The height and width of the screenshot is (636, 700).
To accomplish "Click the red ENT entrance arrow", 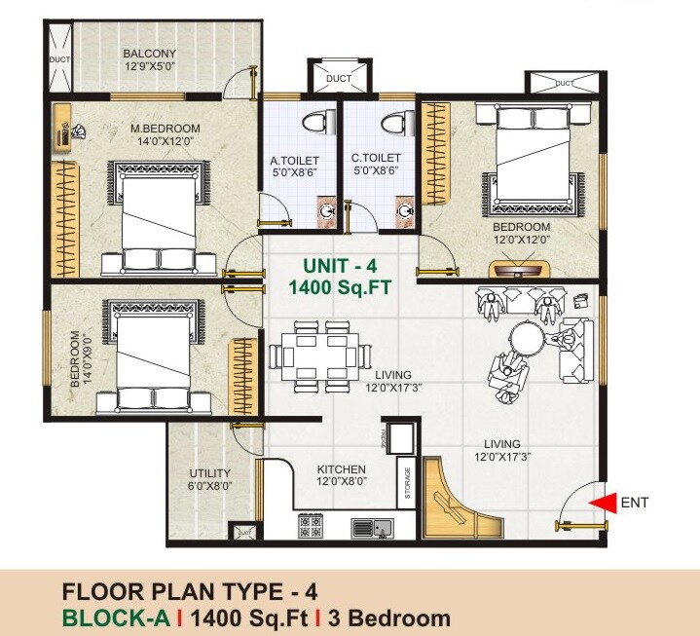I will pos(605,503).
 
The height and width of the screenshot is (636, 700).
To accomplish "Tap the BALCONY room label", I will pos(149,54).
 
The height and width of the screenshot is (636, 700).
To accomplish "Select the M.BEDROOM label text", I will pos(166,129).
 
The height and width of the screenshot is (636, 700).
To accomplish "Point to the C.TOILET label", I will pos(376,157).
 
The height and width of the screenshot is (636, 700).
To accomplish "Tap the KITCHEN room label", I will pos(341,468).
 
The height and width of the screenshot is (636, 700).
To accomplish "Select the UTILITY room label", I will pos(209,475).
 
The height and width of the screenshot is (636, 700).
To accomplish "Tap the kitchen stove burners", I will pos(311,527).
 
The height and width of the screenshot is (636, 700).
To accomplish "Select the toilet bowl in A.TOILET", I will pos(313,124).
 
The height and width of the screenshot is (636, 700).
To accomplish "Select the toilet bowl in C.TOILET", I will pos(394,124).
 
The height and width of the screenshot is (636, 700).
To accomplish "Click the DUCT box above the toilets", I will pos(339,79).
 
